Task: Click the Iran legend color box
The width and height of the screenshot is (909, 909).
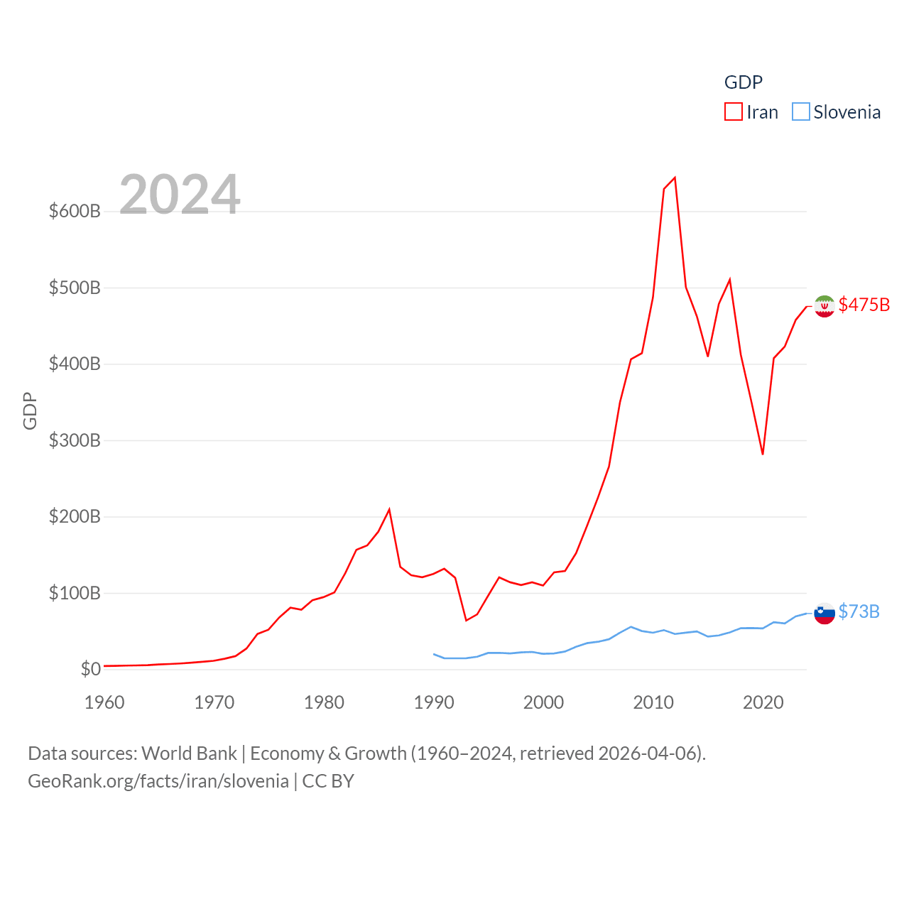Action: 733,112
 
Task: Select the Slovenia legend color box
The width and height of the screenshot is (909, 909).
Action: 800,112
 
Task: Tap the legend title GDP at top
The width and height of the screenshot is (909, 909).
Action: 743,82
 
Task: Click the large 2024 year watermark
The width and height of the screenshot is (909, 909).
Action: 180,195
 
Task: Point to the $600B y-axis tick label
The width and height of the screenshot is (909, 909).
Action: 75,211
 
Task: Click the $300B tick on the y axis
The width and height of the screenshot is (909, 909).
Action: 75,440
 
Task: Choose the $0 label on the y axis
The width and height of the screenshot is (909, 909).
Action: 90,669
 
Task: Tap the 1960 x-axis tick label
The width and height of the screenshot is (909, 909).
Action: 104,702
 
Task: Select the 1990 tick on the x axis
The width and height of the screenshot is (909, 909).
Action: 434,702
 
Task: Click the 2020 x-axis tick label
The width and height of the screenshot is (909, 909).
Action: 763,702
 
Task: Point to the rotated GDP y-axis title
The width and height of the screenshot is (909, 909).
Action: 30,410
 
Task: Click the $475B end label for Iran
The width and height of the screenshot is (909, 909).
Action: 864,305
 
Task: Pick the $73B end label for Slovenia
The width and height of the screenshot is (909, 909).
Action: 859,611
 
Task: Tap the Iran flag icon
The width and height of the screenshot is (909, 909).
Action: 824,306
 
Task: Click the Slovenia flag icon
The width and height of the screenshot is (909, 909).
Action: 824,613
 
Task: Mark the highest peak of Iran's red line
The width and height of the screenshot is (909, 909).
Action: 675,178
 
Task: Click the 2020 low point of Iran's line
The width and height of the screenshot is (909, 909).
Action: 763,454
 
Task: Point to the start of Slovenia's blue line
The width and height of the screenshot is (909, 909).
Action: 434,654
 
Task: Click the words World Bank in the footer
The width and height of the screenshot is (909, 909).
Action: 189,753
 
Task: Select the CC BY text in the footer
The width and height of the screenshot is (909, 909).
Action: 328,781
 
